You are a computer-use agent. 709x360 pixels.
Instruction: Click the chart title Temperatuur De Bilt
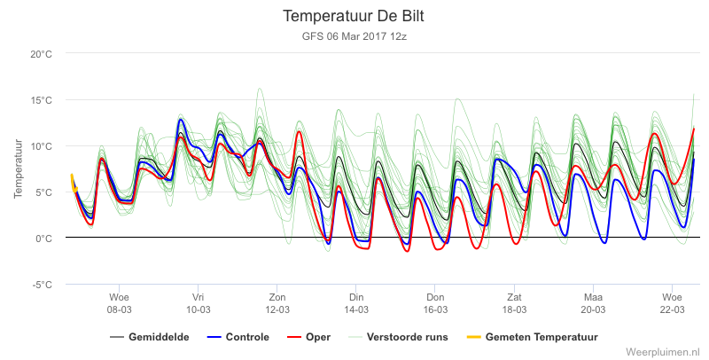click(354, 16)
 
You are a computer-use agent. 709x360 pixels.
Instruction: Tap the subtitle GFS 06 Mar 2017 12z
click(354, 36)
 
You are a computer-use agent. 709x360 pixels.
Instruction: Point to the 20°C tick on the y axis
click(41, 54)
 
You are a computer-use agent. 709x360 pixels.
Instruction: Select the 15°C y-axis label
click(41, 100)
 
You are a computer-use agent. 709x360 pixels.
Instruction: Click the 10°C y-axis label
click(41, 146)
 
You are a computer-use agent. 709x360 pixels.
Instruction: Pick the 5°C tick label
click(43, 192)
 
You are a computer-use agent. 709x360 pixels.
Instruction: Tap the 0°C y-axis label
click(43, 239)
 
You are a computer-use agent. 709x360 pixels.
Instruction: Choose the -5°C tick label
click(42, 285)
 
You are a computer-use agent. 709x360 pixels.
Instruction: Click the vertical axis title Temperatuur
click(18, 168)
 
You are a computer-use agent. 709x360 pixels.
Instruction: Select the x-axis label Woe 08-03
click(119, 303)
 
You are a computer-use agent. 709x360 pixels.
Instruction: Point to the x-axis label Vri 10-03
click(198, 303)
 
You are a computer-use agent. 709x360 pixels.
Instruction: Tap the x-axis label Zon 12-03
click(277, 303)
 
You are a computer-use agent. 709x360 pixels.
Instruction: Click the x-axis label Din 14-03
click(356, 303)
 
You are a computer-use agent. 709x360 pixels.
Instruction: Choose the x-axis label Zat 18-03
click(514, 303)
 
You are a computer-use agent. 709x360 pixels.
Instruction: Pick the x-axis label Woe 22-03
click(672, 303)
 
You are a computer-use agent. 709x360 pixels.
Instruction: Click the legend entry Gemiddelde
click(150, 337)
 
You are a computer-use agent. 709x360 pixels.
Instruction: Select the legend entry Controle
click(238, 337)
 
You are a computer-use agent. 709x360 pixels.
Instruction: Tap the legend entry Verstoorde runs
click(398, 337)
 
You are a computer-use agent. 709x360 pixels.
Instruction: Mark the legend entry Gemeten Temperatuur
click(533, 337)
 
